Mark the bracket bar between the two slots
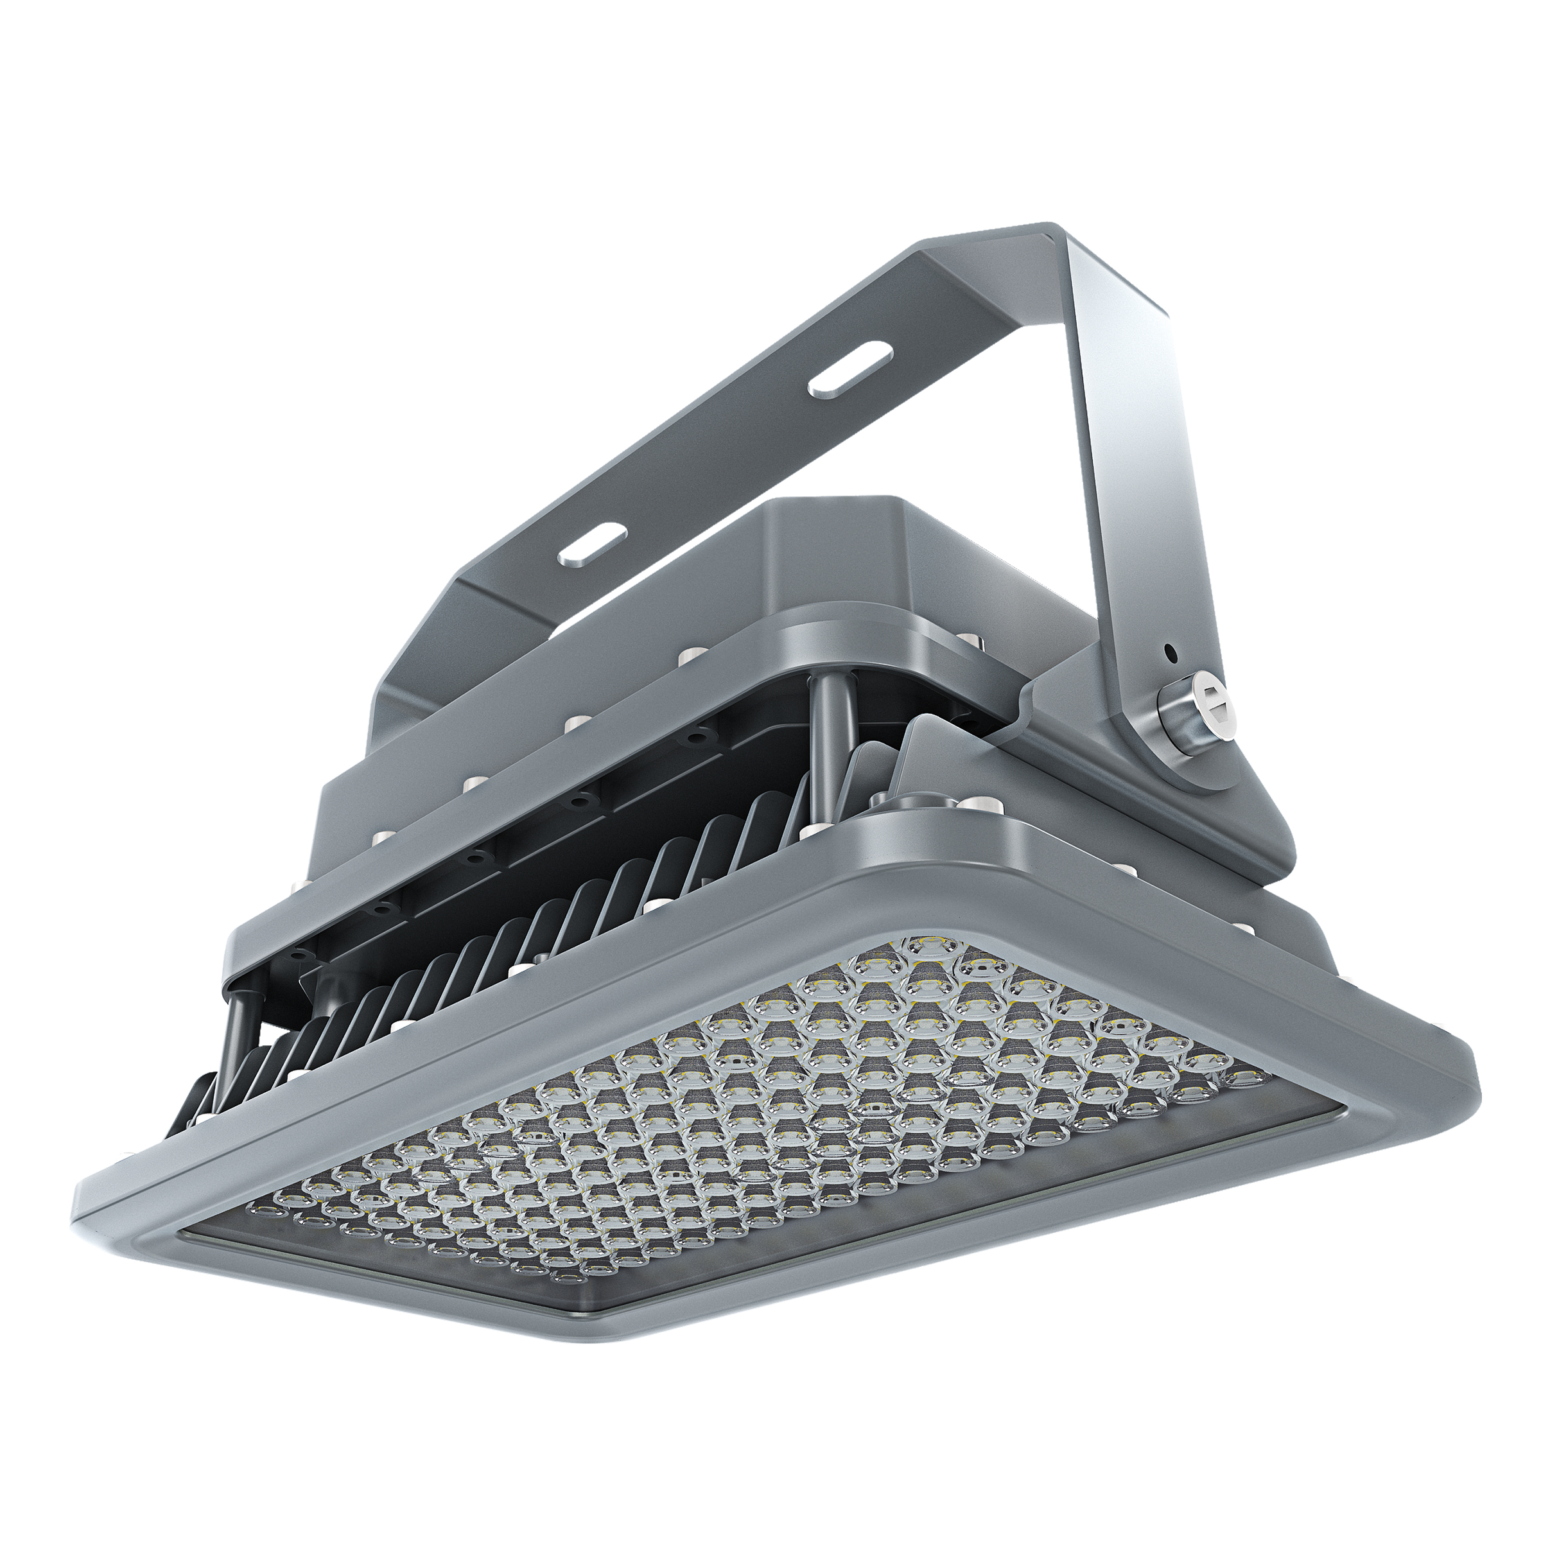[718, 458]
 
